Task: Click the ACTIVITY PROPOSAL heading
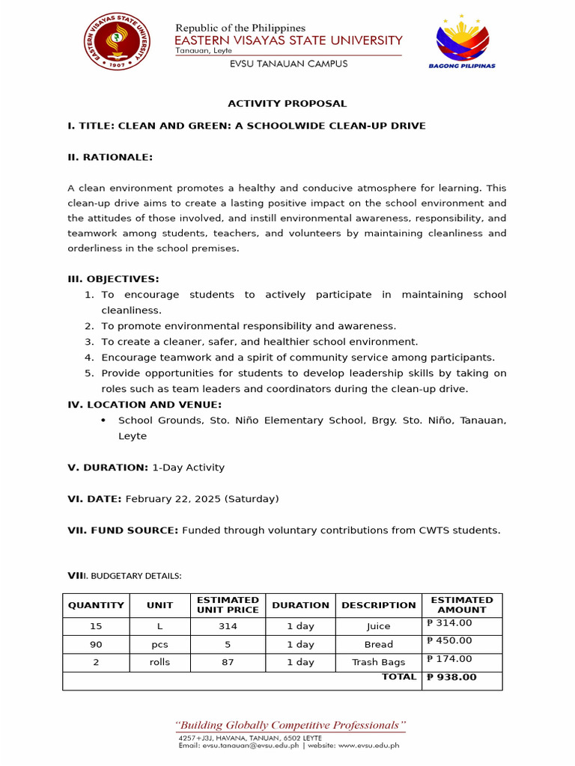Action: (287, 103)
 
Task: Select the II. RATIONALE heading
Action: (110, 157)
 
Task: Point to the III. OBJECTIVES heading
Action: (113, 279)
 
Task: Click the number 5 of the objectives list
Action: (88, 373)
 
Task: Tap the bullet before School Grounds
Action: (103, 420)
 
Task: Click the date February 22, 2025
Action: (176, 498)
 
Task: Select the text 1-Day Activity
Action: (188, 468)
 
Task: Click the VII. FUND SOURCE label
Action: (123, 530)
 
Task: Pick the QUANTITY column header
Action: (96, 605)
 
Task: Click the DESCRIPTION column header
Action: (379, 605)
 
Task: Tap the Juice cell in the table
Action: (379, 626)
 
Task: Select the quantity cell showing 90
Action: (96, 644)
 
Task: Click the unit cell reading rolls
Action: (160, 662)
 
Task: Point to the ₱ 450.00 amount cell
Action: (449, 640)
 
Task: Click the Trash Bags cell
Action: (379, 662)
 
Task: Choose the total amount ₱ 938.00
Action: (451, 677)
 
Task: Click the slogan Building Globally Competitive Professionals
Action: (290, 725)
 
